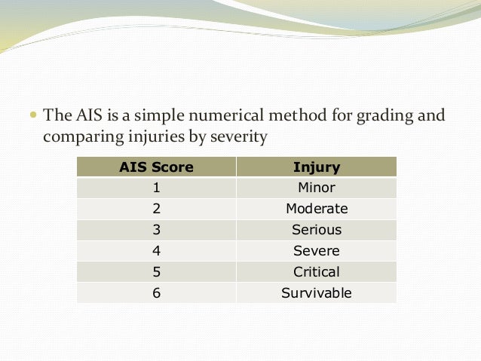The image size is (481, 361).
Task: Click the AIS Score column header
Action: (x=156, y=167)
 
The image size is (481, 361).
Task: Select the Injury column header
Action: (x=316, y=167)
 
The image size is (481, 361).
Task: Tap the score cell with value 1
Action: (x=156, y=188)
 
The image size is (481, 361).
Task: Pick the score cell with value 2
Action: (x=156, y=209)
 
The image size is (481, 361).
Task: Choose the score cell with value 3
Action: (x=156, y=230)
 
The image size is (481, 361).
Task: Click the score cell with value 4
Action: (x=156, y=251)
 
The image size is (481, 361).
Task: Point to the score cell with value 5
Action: (x=156, y=272)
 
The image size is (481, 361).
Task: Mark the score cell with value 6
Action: (x=156, y=293)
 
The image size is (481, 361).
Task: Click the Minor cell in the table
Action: (x=316, y=188)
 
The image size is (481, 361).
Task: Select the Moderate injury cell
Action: (x=316, y=209)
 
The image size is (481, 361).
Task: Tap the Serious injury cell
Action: (x=316, y=230)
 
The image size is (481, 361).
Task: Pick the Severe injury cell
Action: (x=316, y=251)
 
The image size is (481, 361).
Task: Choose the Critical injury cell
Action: (x=316, y=272)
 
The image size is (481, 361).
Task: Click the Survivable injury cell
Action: (x=316, y=293)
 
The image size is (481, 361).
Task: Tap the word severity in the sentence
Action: (x=242, y=138)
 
